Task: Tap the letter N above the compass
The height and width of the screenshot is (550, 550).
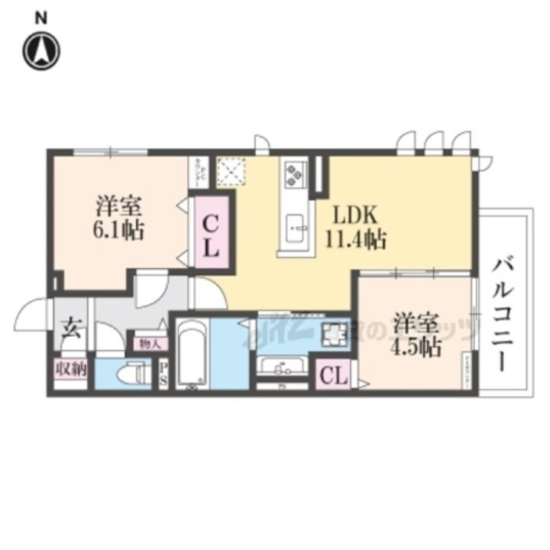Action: point(43,18)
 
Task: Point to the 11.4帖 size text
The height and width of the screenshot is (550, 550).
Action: point(353,240)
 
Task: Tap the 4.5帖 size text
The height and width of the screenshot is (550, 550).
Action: point(416,347)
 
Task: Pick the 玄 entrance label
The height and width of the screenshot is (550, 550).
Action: point(70,331)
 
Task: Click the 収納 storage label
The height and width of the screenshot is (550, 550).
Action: point(71,369)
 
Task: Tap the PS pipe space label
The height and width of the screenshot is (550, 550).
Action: point(163,374)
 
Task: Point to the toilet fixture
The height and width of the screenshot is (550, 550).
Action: point(131,374)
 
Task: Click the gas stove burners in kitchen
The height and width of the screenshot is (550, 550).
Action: point(294,173)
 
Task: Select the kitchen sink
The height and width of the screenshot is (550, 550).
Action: point(296,227)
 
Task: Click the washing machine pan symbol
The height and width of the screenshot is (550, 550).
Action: point(333,334)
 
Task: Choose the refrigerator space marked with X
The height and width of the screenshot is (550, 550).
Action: point(229,171)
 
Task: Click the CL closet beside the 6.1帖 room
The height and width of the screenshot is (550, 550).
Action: point(212,234)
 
